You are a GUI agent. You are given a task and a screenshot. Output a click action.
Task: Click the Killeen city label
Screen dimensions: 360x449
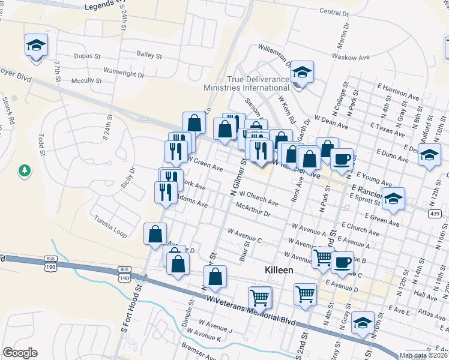click(x=279, y=271)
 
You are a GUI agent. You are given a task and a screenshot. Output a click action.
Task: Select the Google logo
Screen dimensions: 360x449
click(x=20, y=353)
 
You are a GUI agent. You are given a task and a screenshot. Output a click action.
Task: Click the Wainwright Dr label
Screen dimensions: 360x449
click(x=124, y=76)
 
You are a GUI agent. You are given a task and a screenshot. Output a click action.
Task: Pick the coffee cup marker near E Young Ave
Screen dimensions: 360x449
click(x=342, y=160)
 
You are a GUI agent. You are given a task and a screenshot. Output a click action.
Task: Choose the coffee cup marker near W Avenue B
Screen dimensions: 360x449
click(x=342, y=262)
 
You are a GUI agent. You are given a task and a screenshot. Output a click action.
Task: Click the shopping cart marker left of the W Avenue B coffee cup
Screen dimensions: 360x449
click(x=324, y=257)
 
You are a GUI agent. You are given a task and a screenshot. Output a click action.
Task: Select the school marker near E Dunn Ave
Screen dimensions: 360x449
click(x=429, y=155)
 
